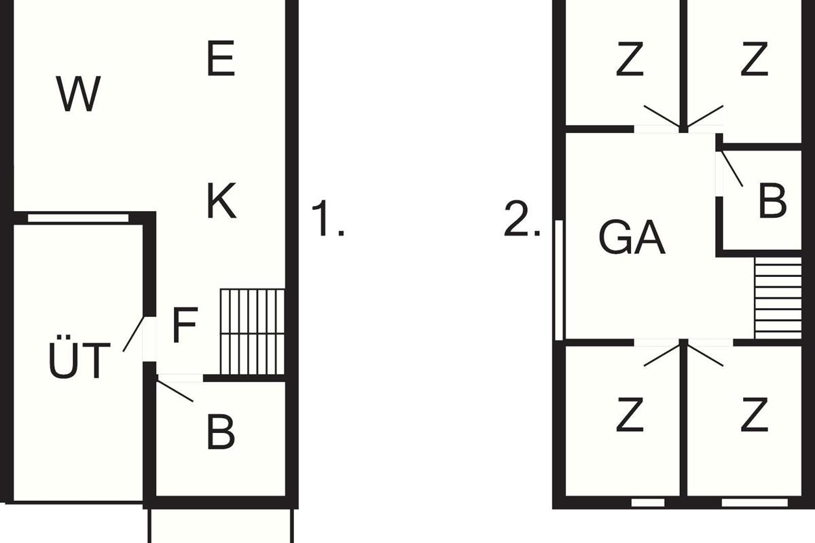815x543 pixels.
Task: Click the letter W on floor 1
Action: [78, 94]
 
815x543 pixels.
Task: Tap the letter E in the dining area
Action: [221, 58]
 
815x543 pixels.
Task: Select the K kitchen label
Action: [221, 200]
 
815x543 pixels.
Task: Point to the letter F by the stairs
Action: [185, 324]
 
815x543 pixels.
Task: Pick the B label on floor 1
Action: [221, 430]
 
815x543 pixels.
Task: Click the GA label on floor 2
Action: [632, 237]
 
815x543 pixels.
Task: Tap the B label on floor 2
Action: [773, 200]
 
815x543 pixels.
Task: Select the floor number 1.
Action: [327, 217]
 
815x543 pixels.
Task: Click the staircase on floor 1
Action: [253, 331]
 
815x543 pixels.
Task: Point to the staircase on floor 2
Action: [778, 298]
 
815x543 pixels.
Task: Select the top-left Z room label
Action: [630, 59]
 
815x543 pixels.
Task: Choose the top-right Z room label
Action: [755, 59]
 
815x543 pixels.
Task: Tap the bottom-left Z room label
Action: [630, 415]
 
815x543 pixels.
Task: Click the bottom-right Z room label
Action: [755, 415]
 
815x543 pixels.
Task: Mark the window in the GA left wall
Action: [559, 280]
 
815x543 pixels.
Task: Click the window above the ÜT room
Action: [78, 218]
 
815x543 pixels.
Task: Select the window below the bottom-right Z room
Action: [755, 503]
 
